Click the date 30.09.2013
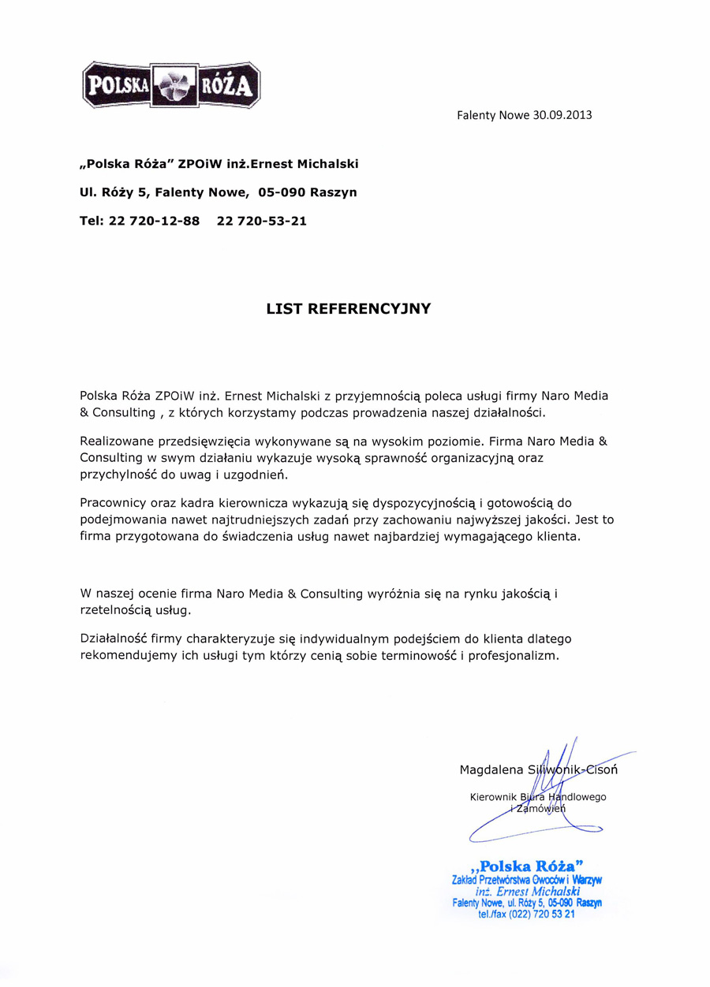tap(562, 115)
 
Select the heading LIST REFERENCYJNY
tap(349, 308)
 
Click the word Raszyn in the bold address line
tap(334, 192)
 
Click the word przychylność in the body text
tap(121, 476)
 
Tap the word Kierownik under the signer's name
tap(493, 797)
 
